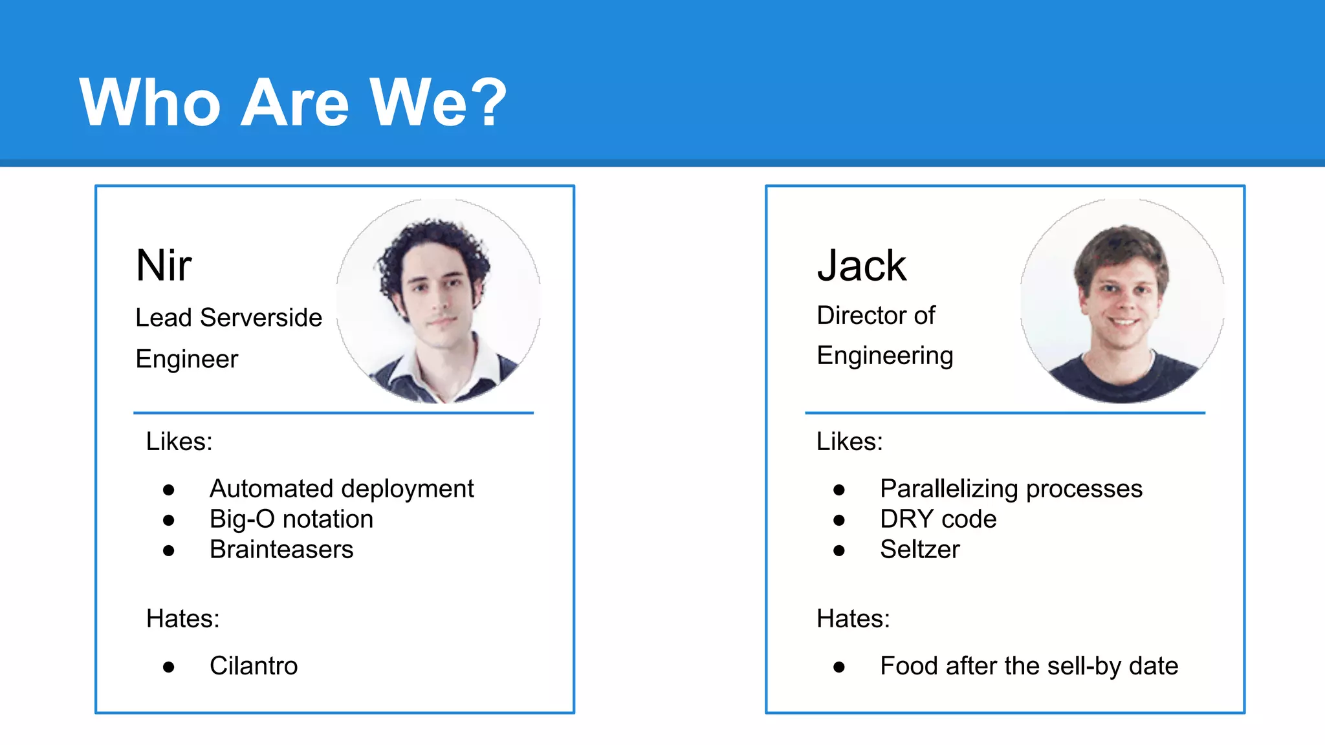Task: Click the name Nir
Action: [x=164, y=265]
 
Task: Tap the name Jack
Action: [x=862, y=265]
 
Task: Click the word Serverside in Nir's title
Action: [x=261, y=318]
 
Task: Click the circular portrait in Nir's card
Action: [x=439, y=301]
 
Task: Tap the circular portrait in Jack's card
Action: [x=1122, y=301]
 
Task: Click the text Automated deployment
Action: [x=342, y=489]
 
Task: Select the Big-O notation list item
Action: [x=291, y=519]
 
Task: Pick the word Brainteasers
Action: [x=281, y=550]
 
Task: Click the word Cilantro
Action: [x=254, y=666]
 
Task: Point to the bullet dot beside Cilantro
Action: [x=169, y=667]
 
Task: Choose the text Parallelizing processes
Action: [x=1011, y=489]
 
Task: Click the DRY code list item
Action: [x=938, y=519]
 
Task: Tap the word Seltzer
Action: [x=920, y=550]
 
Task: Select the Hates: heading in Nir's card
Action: [x=183, y=619]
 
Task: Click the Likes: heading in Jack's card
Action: [x=849, y=442]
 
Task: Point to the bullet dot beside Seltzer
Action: [x=839, y=551]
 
